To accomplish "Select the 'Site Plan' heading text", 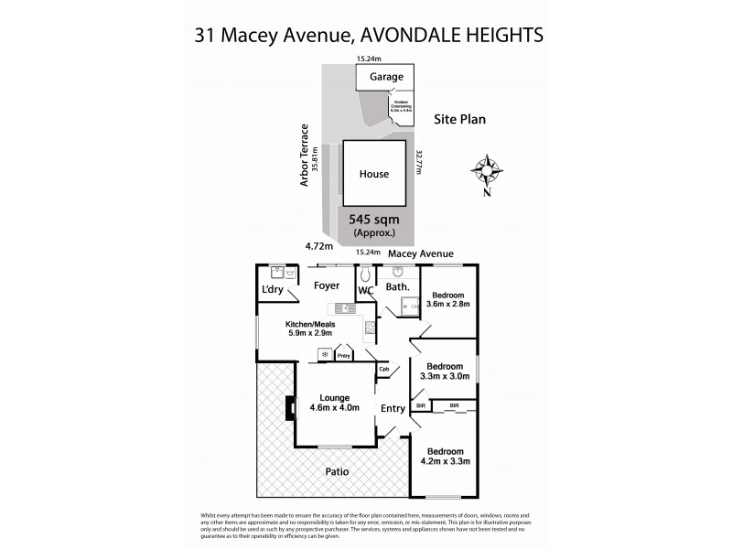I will [x=460, y=119].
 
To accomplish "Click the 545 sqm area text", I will [x=374, y=220].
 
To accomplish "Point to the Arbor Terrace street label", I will [x=304, y=156].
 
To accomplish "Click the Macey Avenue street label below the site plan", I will [x=421, y=253].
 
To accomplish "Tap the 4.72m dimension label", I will [x=318, y=245].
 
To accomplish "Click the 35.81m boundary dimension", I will [x=315, y=159].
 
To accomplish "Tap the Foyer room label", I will [x=327, y=285].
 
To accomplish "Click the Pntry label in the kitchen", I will [x=344, y=355].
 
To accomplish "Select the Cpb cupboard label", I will [x=385, y=370].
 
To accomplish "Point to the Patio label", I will [x=337, y=472].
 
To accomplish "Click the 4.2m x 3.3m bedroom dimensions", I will [x=444, y=462].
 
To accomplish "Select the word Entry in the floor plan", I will [x=393, y=408].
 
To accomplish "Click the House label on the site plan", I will [x=373, y=174].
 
